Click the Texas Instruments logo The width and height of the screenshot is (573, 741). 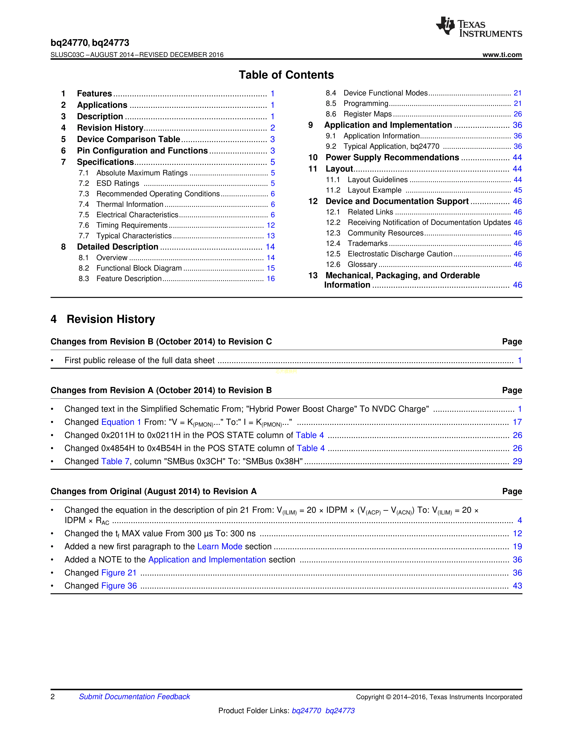point(479,27)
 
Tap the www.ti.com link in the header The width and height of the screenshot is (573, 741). point(502,55)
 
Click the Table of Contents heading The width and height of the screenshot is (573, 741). point(286,75)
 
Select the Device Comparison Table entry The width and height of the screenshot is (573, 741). point(128,139)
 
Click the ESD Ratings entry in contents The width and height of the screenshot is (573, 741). point(118,183)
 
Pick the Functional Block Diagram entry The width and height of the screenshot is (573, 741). point(139,268)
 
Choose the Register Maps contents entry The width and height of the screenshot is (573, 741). point(367,114)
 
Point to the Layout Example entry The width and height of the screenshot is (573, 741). point(374,190)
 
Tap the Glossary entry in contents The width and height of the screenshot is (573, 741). point(362,265)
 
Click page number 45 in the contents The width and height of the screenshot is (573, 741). point(517,190)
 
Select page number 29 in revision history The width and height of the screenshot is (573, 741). point(517,461)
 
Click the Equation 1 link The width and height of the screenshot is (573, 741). point(121,422)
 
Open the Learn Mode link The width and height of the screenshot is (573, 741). point(220,547)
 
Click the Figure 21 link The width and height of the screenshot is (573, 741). point(119,573)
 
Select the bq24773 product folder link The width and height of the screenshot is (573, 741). point(340,710)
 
